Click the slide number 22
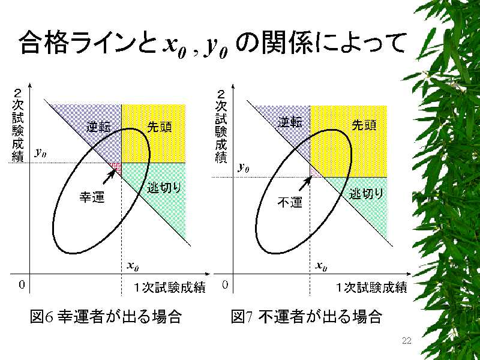pyautogui.click(x=406, y=341)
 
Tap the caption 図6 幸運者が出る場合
pyautogui.click(x=106, y=316)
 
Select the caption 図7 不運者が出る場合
pyautogui.click(x=307, y=316)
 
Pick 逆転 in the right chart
pyautogui.click(x=290, y=122)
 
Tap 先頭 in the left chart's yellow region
pyautogui.click(x=160, y=127)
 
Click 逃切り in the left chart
pyautogui.click(x=164, y=188)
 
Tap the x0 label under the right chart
pyautogui.click(x=321, y=266)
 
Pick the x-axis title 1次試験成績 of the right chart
pyautogui.click(x=371, y=287)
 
